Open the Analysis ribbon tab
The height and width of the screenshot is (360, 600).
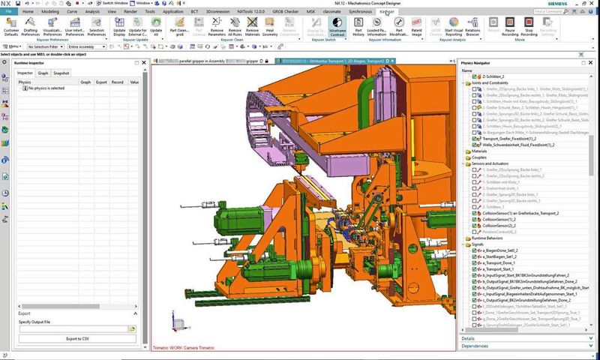tap(92, 13)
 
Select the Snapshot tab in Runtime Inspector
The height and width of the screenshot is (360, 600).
tap(61, 73)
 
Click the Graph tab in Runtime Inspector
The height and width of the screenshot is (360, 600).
tap(43, 73)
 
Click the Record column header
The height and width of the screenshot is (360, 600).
tap(117, 82)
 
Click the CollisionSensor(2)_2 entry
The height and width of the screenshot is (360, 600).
tap(499, 225)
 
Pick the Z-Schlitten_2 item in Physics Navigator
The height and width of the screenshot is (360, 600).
tap(494, 77)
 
